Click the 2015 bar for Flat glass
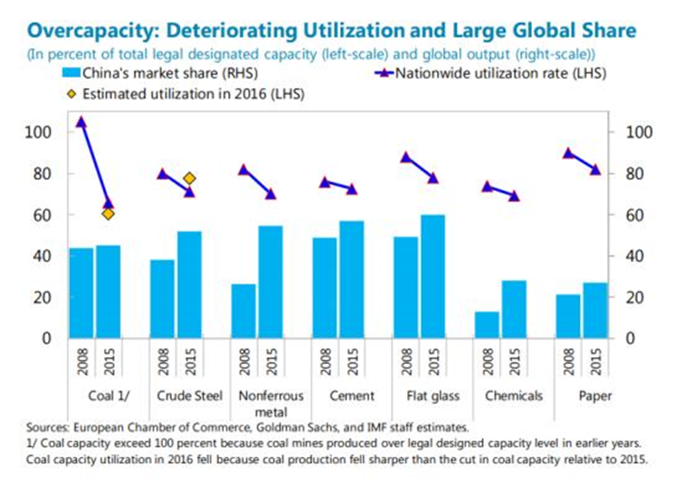pyautogui.click(x=433, y=276)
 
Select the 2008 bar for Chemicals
pyautogui.click(x=486, y=324)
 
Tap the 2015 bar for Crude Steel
pyautogui.click(x=190, y=284)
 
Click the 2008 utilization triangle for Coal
pyautogui.click(x=81, y=122)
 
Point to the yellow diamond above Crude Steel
pyautogui.click(x=190, y=178)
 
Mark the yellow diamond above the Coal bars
pyautogui.click(x=108, y=214)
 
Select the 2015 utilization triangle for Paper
pyautogui.click(x=595, y=169)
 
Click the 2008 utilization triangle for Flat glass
pyautogui.click(x=406, y=157)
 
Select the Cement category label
pyautogui.click(x=352, y=396)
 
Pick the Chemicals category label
pyautogui.click(x=514, y=396)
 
